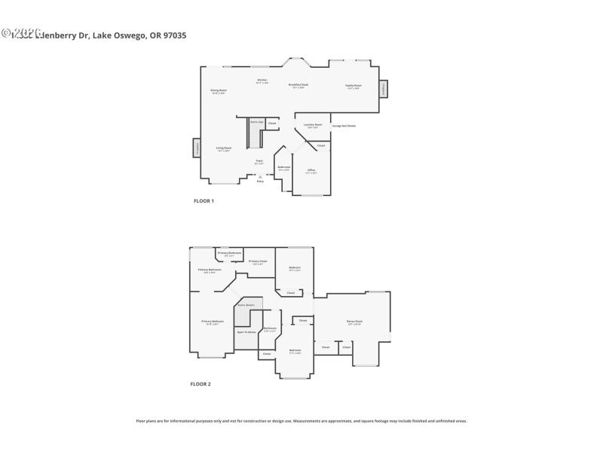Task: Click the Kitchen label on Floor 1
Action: (262, 81)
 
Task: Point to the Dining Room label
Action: (219, 91)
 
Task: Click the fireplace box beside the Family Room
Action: (383, 88)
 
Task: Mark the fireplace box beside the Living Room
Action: (197, 148)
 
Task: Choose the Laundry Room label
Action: (313, 125)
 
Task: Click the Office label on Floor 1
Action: (311, 171)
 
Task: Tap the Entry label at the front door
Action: (260, 181)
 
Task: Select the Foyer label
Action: (259, 161)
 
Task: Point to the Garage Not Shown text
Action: (344, 126)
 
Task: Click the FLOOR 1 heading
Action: (204, 201)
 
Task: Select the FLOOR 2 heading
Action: (200, 384)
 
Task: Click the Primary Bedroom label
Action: (213, 322)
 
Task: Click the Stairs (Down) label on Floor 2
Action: (246, 305)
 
